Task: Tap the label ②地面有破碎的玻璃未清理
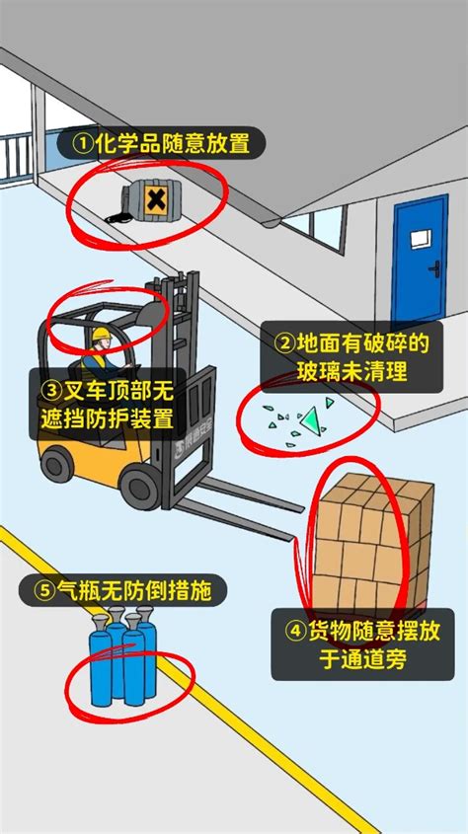pyautogui.click(x=351, y=357)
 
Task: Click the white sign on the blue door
pyautogui.click(x=421, y=237)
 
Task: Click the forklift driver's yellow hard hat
pyautogui.click(x=100, y=334)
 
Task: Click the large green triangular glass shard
pyautogui.click(x=314, y=419)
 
